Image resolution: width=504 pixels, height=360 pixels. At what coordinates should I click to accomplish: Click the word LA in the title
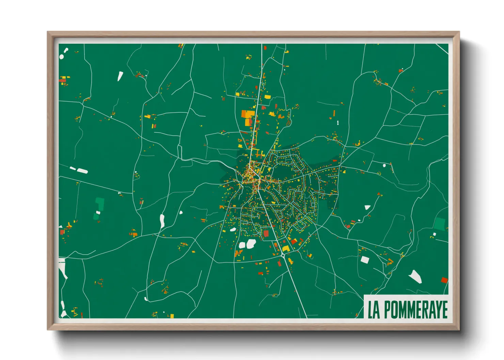(374, 309)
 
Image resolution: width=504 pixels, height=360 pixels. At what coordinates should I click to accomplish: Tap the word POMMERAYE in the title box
(416, 309)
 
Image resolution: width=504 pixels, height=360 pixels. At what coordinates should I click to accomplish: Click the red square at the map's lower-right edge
(444, 280)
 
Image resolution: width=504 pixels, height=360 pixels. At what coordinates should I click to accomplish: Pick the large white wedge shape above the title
(415, 276)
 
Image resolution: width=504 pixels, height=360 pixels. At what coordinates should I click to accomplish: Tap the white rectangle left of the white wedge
(365, 260)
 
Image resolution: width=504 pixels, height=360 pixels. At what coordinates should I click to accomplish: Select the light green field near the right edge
(439, 224)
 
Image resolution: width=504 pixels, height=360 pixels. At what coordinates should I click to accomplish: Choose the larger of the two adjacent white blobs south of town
(251, 243)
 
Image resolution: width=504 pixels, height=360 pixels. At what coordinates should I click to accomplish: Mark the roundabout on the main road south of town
(283, 255)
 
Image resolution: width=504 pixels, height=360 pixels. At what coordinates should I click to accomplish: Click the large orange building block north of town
(248, 114)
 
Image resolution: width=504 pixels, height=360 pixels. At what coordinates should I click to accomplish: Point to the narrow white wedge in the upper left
(120, 76)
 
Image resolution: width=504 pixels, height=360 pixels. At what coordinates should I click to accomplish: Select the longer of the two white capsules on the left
(82, 171)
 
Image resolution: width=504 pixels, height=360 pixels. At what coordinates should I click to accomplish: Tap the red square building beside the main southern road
(266, 233)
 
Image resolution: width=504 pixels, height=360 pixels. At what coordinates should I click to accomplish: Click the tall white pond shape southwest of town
(162, 221)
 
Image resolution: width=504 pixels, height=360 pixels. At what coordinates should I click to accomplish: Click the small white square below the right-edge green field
(434, 234)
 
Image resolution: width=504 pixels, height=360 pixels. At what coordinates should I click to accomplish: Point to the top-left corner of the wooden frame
(48, 32)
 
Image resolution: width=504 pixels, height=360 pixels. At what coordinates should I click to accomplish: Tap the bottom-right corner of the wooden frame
(459, 330)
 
